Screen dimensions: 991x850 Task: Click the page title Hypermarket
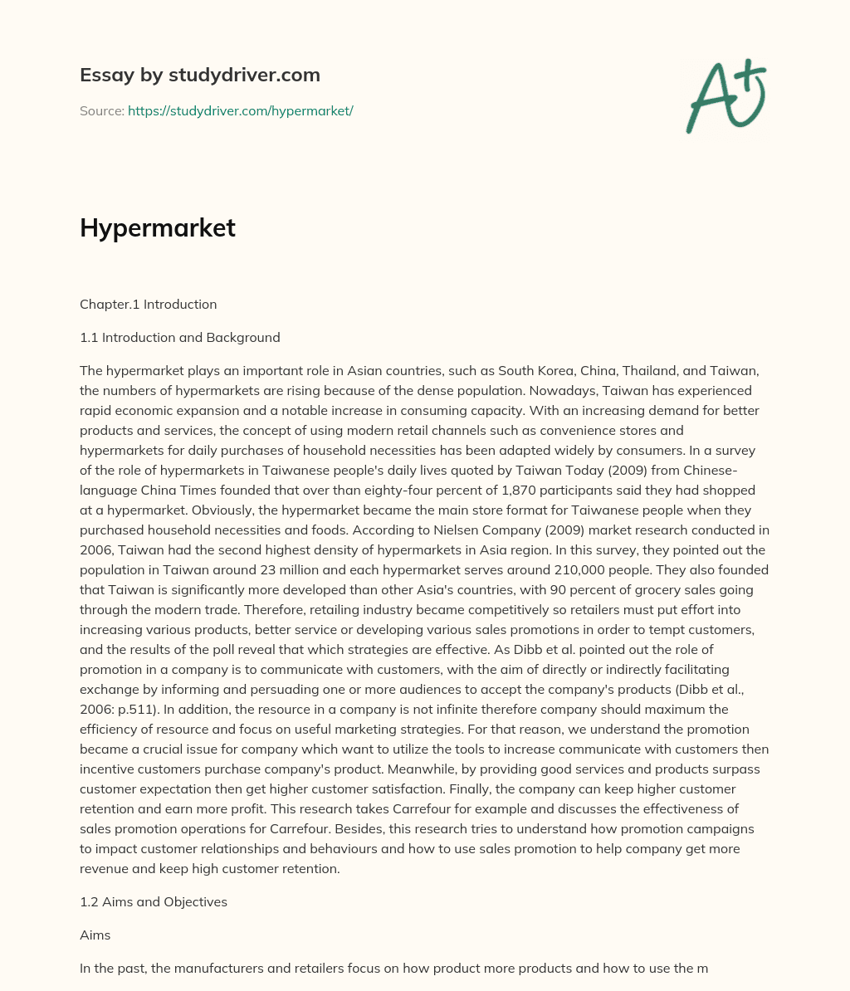pyautogui.click(x=158, y=228)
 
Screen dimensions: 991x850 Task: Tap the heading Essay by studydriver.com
pyautogui.click(x=200, y=75)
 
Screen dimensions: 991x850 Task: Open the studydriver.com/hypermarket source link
pyautogui.click(x=240, y=110)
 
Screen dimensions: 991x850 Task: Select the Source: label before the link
pyautogui.click(x=101, y=110)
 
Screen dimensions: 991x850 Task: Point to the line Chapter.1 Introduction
pyautogui.click(x=148, y=304)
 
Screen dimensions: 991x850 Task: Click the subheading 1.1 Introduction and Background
pyautogui.click(x=180, y=337)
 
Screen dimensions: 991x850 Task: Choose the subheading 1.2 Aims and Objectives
pyautogui.click(x=154, y=901)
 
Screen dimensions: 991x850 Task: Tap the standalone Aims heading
pyautogui.click(x=95, y=935)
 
